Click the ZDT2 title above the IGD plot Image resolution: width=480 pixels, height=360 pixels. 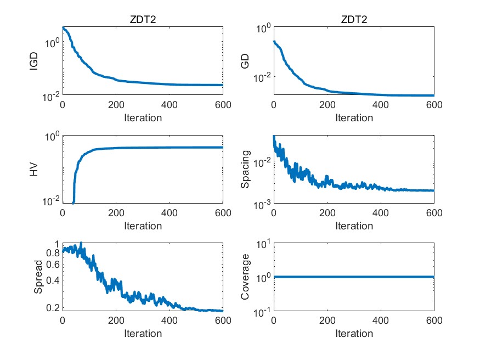pos(143,20)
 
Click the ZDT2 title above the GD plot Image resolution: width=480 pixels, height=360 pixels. pos(354,20)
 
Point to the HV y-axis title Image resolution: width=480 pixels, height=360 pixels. pos(34,170)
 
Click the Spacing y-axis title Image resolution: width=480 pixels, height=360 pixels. pos(245,170)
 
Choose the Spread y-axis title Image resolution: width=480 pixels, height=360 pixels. pos(38,278)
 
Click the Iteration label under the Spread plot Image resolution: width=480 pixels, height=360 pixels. pos(143,333)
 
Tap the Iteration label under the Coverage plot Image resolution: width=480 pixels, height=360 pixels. pos(354,333)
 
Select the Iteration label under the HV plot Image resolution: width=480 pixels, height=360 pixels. pos(143,226)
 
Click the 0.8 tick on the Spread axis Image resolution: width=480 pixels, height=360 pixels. pos(53,253)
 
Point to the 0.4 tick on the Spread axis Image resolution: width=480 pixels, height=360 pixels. pos(53,280)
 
